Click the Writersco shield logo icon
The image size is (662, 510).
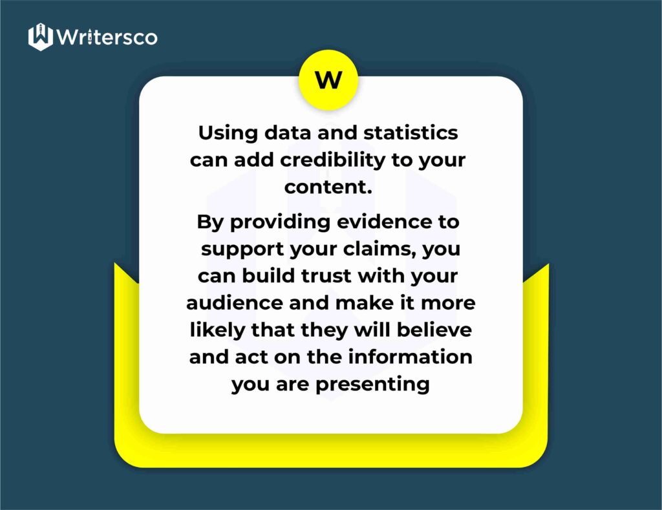coord(41,37)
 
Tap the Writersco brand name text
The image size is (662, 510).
coord(107,37)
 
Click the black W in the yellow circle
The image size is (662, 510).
coord(328,80)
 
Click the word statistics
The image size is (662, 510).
coord(411,133)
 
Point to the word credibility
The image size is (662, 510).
coord(333,161)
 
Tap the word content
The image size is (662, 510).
coord(328,187)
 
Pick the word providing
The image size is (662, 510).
coord(280,223)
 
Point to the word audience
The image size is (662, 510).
coord(237,303)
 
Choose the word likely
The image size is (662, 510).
coord(217,330)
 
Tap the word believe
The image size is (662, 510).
coord(434,330)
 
